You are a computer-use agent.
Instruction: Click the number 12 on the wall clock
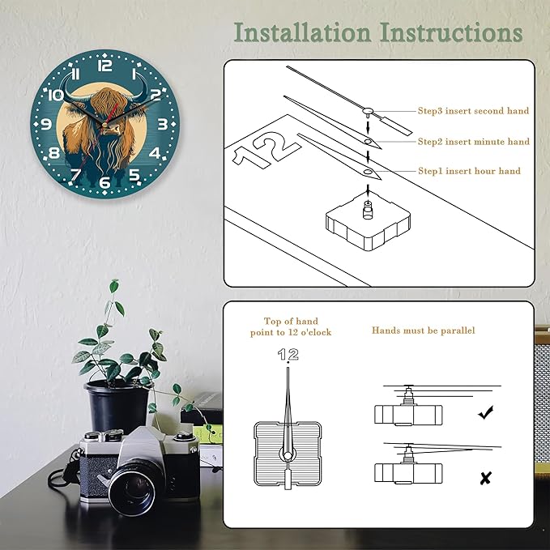pyautogui.click(x=104, y=66)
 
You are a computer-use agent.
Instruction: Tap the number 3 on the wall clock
pyautogui.click(x=162, y=124)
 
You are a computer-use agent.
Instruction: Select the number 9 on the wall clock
pyautogui.click(x=46, y=124)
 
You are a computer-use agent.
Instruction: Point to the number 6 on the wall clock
pyautogui.click(x=104, y=182)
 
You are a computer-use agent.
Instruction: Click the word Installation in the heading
pyautogui.click(x=302, y=32)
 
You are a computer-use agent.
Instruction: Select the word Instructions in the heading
pyautogui.click(x=451, y=32)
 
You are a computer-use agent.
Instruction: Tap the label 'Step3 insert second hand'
pyautogui.click(x=473, y=111)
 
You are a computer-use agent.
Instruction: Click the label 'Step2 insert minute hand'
pyautogui.click(x=474, y=142)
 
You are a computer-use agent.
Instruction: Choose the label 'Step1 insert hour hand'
pyautogui.click(x=469, y=171)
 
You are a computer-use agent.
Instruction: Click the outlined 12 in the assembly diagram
pyautogui.click(x=266, y=150)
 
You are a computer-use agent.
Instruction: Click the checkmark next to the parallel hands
pyautogui.click(x=486, y=412)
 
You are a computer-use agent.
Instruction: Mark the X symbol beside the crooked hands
pyautogui.click(x=486, y=478)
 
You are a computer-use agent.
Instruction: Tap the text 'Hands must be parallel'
pyautogui.click(x=424, y=330)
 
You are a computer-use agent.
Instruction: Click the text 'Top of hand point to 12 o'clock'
pyautogui.click(x=291, y=326)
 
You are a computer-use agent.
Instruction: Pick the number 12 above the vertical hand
pyautogui.click(x=288, y=354)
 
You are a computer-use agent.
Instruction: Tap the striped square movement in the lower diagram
pyautogui.click(x=288, y=454)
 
